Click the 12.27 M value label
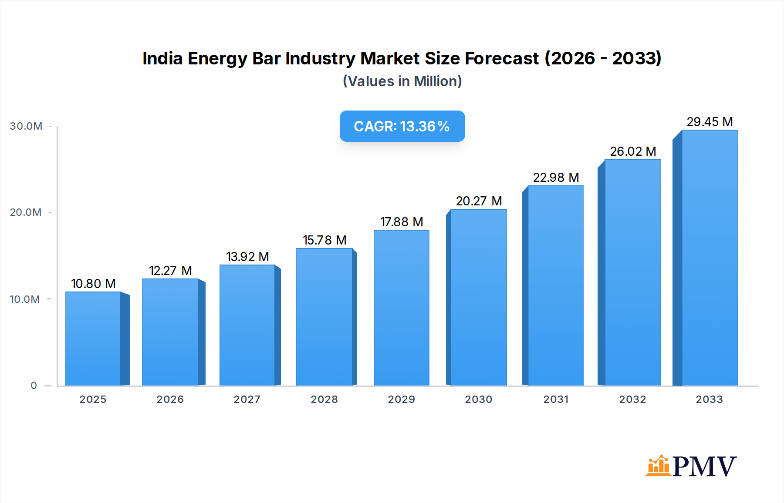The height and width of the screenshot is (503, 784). (x=170, y=271)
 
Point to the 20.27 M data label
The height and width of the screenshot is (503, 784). (x=479, y=201)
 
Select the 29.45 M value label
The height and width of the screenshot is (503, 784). (x=710, y=122)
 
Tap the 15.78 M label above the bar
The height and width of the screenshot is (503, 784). (x=324, y=240)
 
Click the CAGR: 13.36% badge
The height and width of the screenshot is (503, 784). (x=402, y=126)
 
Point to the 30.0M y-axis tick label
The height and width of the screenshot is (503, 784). (x=26, y=126)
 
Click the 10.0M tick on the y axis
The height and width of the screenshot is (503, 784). (x=25, y=299)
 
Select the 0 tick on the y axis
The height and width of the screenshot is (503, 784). (x=34, y=386)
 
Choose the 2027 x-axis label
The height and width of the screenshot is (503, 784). (x=247, y=399)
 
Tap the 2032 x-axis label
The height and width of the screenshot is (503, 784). (x=632, y=399)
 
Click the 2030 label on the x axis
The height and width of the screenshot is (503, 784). (x=478, y=399)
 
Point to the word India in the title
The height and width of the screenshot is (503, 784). (x=162, y=58)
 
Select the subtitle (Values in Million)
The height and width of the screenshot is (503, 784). (x=402, y=81)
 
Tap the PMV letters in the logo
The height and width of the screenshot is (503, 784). (x=704, y=466)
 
